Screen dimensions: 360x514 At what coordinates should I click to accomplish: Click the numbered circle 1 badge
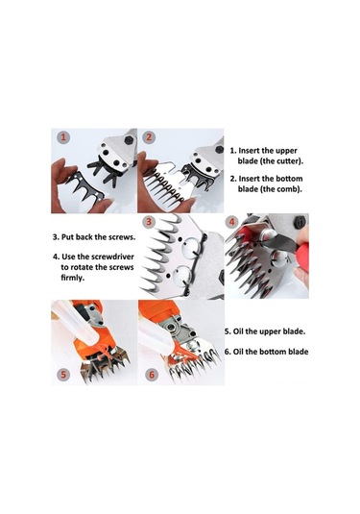[x=63, y=136]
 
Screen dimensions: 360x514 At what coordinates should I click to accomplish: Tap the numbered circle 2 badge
[x=149, y=136]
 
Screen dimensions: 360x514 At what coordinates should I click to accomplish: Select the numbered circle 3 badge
[x=149, y=222]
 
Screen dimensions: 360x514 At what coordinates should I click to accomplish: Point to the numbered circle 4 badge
[x=232, y=222]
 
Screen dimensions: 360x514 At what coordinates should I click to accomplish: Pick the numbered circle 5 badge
[x=63, y=374]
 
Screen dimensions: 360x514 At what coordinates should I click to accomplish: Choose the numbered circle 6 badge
[x=152, y=374]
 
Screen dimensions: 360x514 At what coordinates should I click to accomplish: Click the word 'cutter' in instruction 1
[x=287, y=161]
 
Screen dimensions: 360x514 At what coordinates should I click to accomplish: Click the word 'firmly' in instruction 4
[x=72, y=278]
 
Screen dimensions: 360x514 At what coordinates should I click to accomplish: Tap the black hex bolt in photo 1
[x=129, y=140]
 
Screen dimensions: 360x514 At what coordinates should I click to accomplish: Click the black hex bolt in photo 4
[x=300, y=222]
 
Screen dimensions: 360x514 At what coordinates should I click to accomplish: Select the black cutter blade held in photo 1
[x=85, y=186]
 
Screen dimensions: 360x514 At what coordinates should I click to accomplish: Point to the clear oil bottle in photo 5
[x=75, y=324]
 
